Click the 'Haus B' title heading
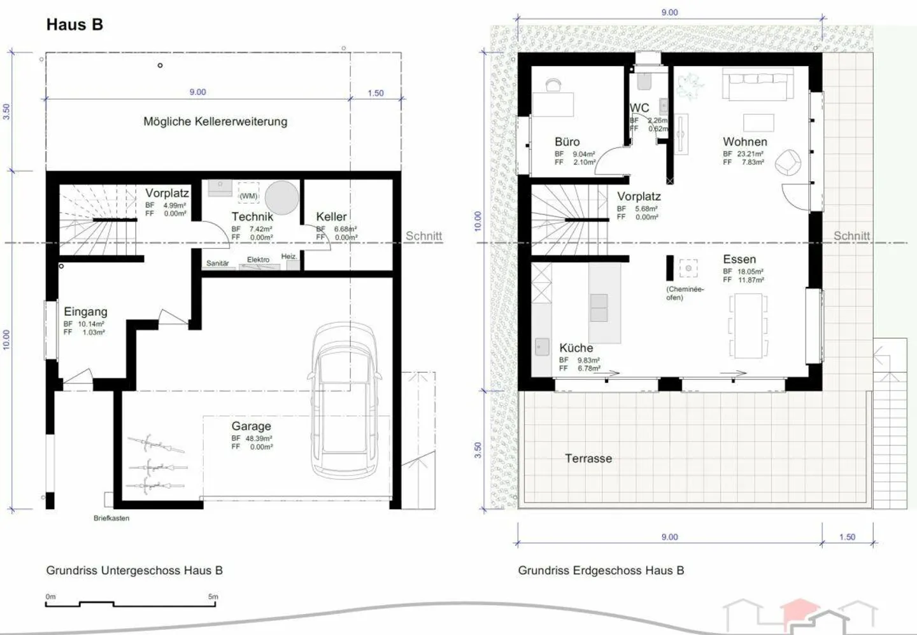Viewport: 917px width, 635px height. pyautogui.click(x=75, y=25)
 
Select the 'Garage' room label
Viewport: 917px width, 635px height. pyautogui.click(x=251, y=426)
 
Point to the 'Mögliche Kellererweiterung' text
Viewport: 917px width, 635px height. pyautogui.click(x=215, y=122)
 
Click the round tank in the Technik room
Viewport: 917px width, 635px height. pyautogui.click(x=281, y=198)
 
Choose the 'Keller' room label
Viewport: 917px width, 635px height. pyautogui.click(x=331, y=217)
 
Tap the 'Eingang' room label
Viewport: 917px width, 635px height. pyautogui.click(x=85, y=312)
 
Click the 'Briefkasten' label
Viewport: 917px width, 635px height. pyautogui.click(x=111, y=519)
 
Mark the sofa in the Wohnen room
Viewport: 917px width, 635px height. pyautogui.click(x=757, y=85)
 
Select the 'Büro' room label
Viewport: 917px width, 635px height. pyautogui.click(x=567, y=142)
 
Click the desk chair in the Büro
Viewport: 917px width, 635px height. pyautogui.click(x=553, y=85)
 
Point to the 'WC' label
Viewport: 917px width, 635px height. pyautogui.click(x=639, y=108)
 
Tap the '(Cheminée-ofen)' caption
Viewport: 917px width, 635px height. pyautogui.click(x=685, y=293)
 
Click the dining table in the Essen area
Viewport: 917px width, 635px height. pyautogui.click(x=748, y=325)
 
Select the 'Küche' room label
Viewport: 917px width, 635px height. pyautogui.click(x=576, y=348)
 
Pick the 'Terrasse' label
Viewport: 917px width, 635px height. pyautogui.click(x=588, y=459)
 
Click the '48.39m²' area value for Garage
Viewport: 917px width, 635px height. pyautogui.click(x=259, y=438)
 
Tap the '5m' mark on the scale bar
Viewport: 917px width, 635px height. pyautogui.click(x=213, y=597)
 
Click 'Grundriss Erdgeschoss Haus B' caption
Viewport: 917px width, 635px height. pyautogui.click(x=601, y=571)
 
